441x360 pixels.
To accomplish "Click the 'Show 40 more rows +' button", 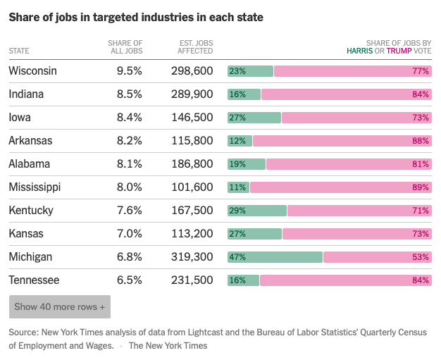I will click(x=60, y=307).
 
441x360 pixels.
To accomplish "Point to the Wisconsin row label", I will click(x=32, y=71).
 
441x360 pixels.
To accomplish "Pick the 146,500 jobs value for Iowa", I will click(x=192, y=118).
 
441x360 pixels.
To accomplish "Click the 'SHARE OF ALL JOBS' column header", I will click(x=126, y=47).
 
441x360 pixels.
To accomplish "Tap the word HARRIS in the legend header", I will click(x=360, y=51).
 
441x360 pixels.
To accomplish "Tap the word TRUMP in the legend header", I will click(x=399, y=51).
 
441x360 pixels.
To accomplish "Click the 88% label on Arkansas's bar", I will click(x=421, y=141).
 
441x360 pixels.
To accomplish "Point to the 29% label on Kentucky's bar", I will click(x=237, y=211).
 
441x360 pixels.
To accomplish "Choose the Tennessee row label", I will click(x=34, y=280).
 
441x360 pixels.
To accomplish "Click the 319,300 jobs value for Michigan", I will click(x=192, y=257).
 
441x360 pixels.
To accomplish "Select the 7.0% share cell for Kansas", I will click(x=129, y=234).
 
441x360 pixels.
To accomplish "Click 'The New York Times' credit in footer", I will click(x=168, y=346).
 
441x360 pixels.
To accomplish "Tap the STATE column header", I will click(x=19, y=51).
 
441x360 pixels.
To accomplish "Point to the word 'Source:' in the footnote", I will click(x=23, y=332).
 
